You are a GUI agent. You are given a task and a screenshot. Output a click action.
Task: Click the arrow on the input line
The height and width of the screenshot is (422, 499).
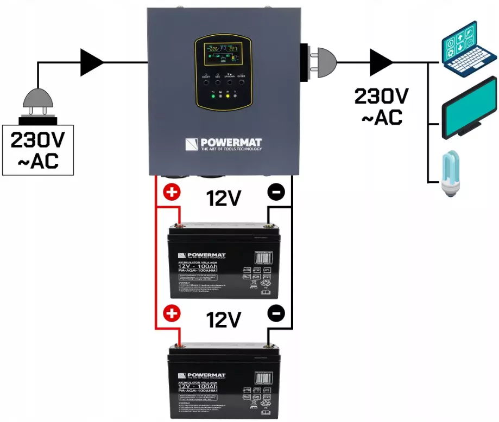click(x=92, y=62)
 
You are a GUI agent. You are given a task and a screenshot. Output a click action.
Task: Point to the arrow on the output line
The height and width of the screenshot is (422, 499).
click(x=381, y=62)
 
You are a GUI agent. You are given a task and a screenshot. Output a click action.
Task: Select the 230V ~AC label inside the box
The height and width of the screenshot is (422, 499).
click(x=38, y=150)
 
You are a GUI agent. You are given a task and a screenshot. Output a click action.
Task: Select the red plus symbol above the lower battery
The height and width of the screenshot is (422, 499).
click(x=171, y=314)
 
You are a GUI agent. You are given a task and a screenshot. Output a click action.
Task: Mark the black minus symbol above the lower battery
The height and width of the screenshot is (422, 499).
click(x=276, y=314)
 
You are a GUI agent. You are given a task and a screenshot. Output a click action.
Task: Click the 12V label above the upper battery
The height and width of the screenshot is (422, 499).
click(x=223, y=199)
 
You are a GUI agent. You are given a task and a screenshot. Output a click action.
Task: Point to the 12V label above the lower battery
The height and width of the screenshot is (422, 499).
click(x=223, y=320)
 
